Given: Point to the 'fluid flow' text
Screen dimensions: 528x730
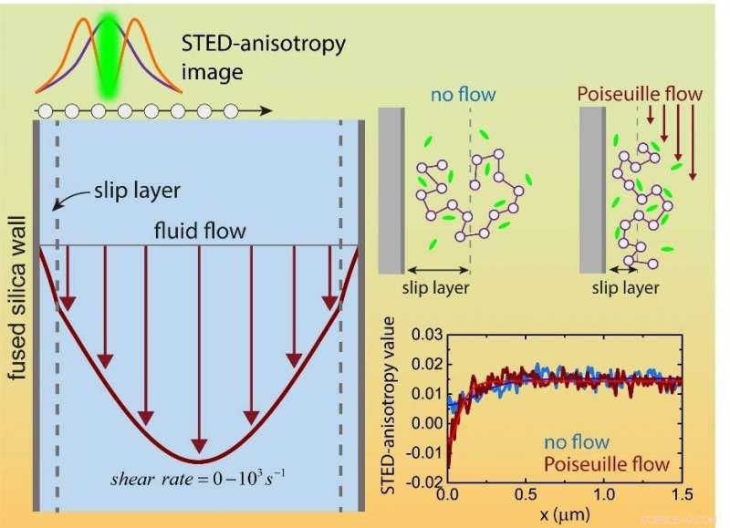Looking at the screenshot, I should [199, 232].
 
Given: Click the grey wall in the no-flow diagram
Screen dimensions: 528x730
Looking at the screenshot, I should [391, 189].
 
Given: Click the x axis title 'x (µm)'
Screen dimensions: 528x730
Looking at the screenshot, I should [564, 514].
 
